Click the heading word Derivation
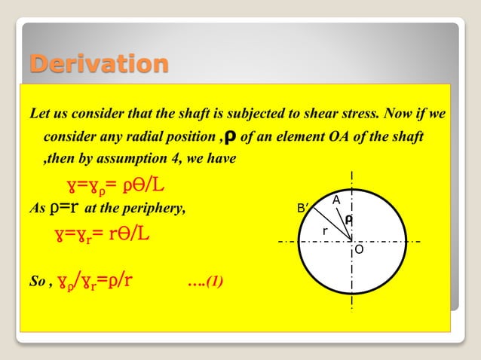click(x=98, y=63)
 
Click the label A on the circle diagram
click(x=336, y=199)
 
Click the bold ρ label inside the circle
click(x=348, y=218)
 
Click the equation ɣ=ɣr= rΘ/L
click(x=102, y=233)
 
